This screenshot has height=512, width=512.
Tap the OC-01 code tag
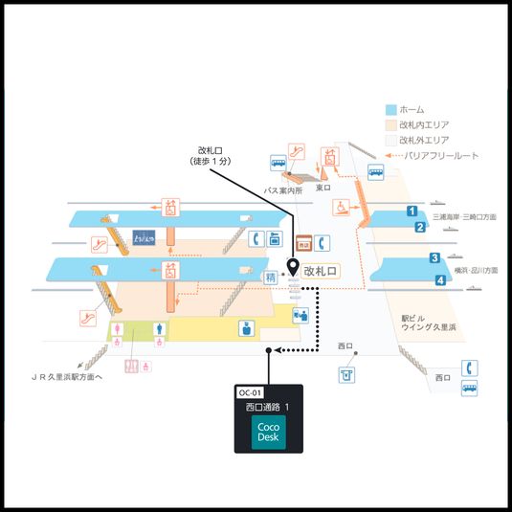tap(249, 392)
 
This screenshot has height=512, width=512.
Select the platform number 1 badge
tap(411, 211)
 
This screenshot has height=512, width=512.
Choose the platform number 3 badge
tap(434, 257)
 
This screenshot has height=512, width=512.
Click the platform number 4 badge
tap(440, 280)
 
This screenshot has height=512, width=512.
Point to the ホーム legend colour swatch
tap(390, 109)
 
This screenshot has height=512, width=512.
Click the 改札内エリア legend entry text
tap(425, 124)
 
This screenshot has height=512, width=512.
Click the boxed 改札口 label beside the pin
tap(321, 272)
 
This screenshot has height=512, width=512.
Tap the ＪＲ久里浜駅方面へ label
tap(68, 377)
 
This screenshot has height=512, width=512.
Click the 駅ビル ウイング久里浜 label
tap(428, 323)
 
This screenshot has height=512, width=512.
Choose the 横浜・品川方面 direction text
tap(475, 271)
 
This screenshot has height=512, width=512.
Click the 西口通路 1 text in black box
tap(268, 407)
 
